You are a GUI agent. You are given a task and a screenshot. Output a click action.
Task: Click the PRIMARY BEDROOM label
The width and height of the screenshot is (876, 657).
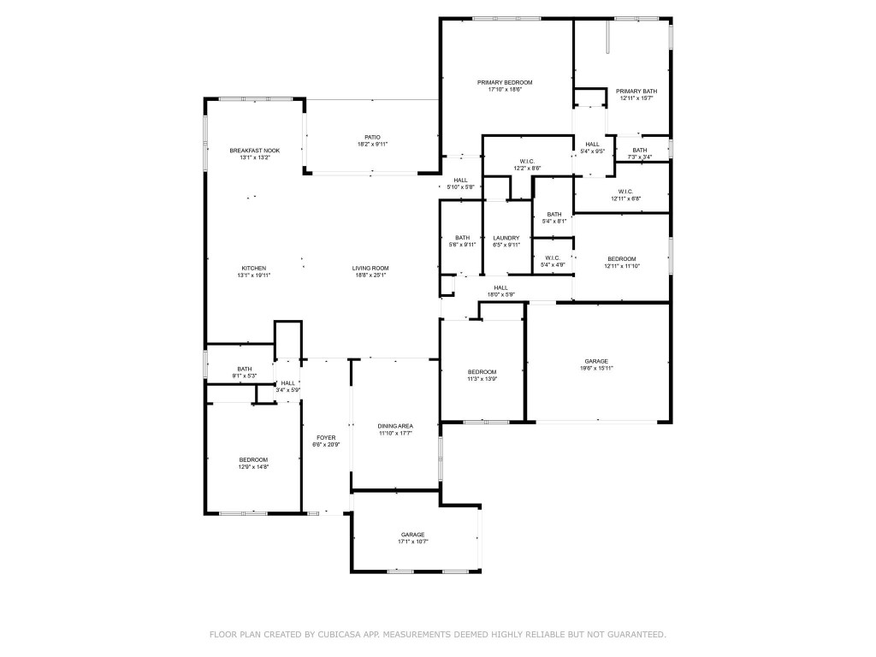505,82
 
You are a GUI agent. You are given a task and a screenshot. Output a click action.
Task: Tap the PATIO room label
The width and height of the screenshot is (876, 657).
372,137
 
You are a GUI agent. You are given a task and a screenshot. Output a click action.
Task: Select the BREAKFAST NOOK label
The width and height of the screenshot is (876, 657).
254,151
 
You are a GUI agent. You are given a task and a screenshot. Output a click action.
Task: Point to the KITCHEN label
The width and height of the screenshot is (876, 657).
253,268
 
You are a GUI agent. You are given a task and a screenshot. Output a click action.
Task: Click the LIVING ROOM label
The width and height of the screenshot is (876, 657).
370,268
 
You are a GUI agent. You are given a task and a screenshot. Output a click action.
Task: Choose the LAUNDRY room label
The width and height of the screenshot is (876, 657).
506,238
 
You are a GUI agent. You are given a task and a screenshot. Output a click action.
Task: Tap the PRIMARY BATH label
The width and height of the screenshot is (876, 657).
636,91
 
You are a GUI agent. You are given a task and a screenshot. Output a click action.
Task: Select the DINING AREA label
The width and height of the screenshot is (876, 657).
395,426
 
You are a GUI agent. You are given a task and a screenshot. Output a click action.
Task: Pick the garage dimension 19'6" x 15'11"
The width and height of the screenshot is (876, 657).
597,368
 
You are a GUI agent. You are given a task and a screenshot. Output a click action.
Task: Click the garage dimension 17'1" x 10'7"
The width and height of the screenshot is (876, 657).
412,542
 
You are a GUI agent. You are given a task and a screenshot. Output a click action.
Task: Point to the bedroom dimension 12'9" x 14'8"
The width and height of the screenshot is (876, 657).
253,467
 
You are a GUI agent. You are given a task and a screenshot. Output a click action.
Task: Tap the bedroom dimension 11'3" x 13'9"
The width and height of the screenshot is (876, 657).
482,379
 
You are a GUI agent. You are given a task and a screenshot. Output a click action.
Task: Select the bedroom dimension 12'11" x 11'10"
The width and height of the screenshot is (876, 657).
622,266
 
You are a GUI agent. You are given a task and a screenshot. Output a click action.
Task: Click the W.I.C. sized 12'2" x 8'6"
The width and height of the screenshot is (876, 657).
527,168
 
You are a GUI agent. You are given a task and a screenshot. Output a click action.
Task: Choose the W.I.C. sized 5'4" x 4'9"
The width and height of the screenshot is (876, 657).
553,265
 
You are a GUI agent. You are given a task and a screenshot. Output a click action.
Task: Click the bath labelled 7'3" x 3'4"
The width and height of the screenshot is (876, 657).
640,157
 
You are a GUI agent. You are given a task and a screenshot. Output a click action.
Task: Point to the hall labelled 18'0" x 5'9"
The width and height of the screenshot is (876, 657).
500,294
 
